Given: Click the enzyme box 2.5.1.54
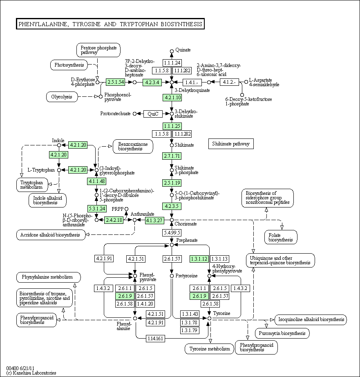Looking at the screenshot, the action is [x=116, y=82].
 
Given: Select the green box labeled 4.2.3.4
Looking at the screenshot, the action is [x=152, y=83].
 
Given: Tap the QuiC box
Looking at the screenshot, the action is [x=153, y=114].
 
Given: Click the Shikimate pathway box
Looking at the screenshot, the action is [x=231, y=144].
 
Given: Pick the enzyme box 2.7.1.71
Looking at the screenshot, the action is [x=172, y=156].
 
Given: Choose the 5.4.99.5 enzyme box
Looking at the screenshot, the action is [x=172, y=233].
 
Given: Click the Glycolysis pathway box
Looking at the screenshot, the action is [x=62, y=97].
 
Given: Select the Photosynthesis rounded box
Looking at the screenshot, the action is [x=69, y=65].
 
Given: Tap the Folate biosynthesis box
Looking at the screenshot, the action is [x=281, y=237].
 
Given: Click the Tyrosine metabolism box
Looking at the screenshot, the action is [x=210, y=349].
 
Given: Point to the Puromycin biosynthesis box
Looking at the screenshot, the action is [x=282, y=333].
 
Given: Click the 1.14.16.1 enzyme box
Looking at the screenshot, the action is [x=155, y=339].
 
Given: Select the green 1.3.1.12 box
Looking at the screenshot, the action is [x=199, y=259].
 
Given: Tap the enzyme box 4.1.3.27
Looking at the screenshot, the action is [x=154, y=220].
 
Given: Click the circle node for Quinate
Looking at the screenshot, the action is [x=172, y=51].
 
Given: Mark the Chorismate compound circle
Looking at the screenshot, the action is [x=172, y=220].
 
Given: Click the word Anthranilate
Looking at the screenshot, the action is [x=142, y=214].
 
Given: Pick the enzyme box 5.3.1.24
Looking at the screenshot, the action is [x=97, y=208].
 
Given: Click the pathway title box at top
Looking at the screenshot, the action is [x=110, y=24].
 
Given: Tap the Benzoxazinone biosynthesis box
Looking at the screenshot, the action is [x=133, y=146].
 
